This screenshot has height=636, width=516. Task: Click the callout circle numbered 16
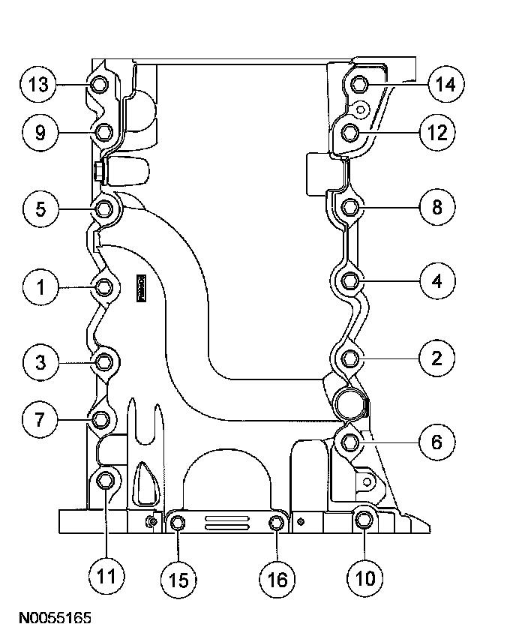click(x=277, y=578)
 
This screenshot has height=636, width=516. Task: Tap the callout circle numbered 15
click(x=178, y=578)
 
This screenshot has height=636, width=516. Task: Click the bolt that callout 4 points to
click(x=350, y=282)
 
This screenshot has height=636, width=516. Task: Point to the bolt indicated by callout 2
click(x=350, y=359)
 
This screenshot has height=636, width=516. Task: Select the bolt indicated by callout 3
click(x=105, y=363)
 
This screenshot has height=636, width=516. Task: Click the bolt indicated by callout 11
click(x=106, y=480)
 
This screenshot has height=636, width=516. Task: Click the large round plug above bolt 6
click(x=351, y=403)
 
